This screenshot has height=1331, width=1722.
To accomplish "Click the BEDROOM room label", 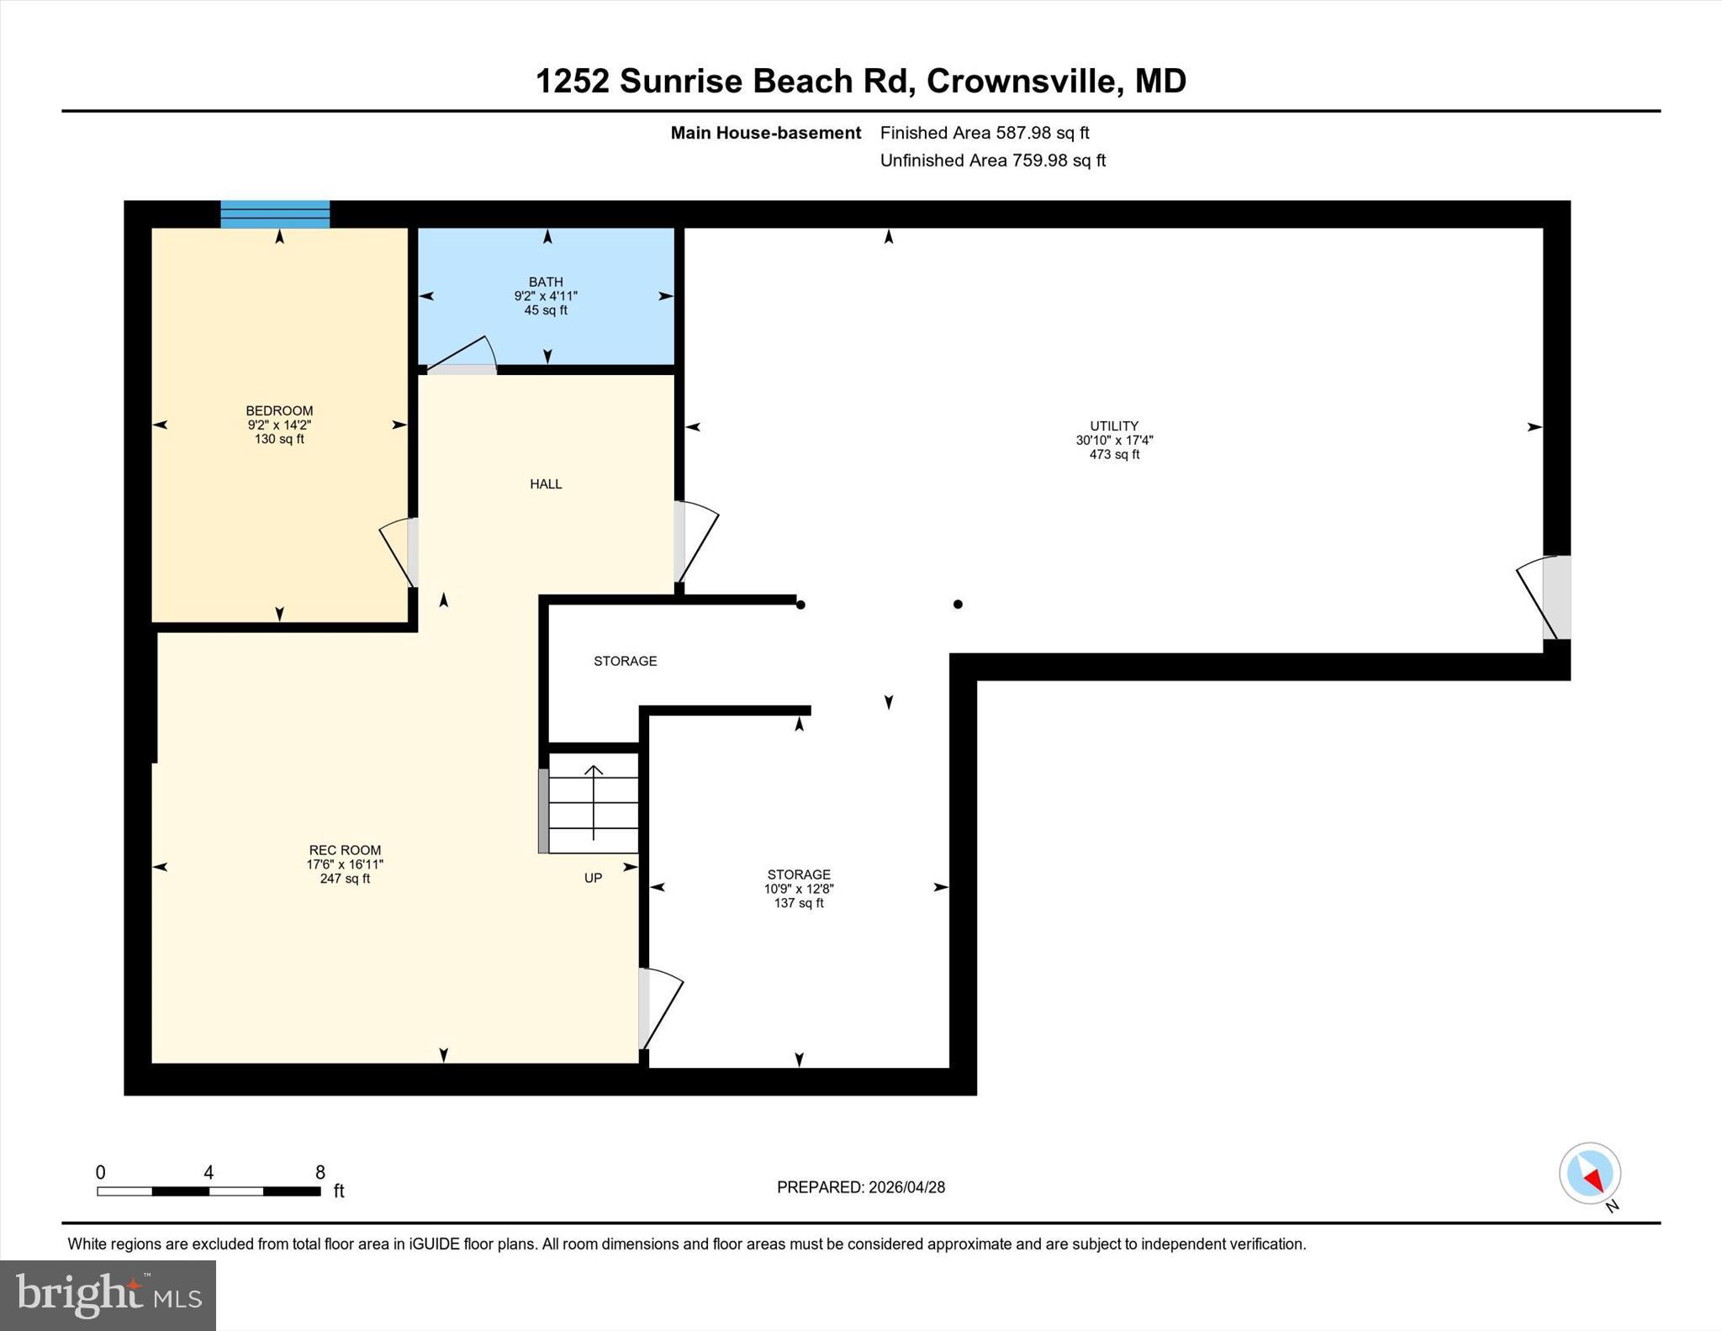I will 279,410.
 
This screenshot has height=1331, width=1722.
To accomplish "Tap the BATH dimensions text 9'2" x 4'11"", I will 546,296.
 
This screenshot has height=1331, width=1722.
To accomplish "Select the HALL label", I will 546,483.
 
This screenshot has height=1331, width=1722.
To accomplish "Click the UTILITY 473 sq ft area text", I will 1114,455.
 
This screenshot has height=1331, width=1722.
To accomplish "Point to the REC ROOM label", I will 345,850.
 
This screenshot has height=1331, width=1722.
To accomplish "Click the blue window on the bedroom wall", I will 275,214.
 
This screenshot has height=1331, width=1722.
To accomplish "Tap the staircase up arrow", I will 594,802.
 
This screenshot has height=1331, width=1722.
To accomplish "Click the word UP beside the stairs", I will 593,878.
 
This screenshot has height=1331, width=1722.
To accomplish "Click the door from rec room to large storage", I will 659,1008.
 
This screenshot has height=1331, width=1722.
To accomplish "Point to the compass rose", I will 1589,1173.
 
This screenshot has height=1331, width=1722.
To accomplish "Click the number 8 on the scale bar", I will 320,1172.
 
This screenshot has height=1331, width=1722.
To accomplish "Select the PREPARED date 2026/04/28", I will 906,1187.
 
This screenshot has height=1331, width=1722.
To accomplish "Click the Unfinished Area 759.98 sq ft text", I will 992,160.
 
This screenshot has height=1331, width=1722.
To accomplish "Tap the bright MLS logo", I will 108,1295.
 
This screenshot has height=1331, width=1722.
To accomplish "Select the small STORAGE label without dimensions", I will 625,661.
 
